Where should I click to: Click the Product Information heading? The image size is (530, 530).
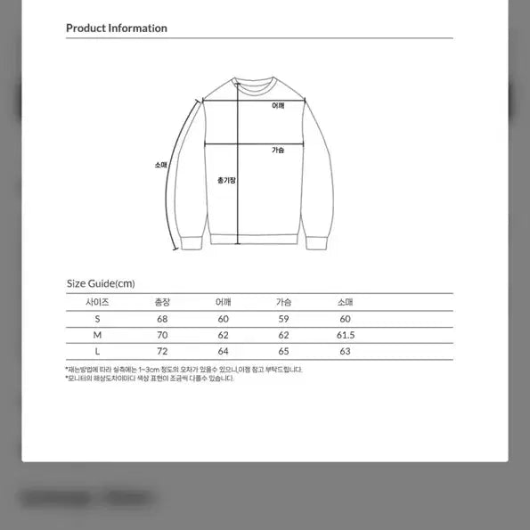pyautogui.click(x=117, y=28)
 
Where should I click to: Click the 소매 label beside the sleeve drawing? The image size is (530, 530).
pyautogui.click(x=160, y=165)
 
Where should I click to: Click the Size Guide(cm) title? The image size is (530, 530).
pyautogui.click(x=101, y=283)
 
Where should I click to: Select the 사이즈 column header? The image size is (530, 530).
pyautogui.click(x=98, y=302)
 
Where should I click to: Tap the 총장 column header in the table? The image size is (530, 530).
pyautogui.click(x=162, y=302)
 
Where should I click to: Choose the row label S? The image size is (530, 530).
pyautogui.click(x=98, y=318)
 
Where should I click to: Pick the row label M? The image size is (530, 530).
pyautogui.click(x=98, y=335)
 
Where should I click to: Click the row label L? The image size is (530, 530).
pyautogui.click(x=98, y=352)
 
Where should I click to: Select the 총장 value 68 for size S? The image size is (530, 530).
pyautogui.click(x=162, y=318)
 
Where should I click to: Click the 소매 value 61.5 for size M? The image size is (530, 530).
pyautogui.click(x=346, y=335)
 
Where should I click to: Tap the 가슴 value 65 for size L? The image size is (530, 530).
pyautogui.click(x=283, y=352)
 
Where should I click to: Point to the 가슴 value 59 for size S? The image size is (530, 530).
pyautogui.click(x=283, y=318)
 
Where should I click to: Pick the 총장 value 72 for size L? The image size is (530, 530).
pyautogui.click(x=162, y=352)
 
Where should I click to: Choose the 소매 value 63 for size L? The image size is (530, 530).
pyautogui.click(x=346, y=352)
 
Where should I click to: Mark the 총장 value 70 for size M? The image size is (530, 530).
pyautogui.click(x=162, y=335)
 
